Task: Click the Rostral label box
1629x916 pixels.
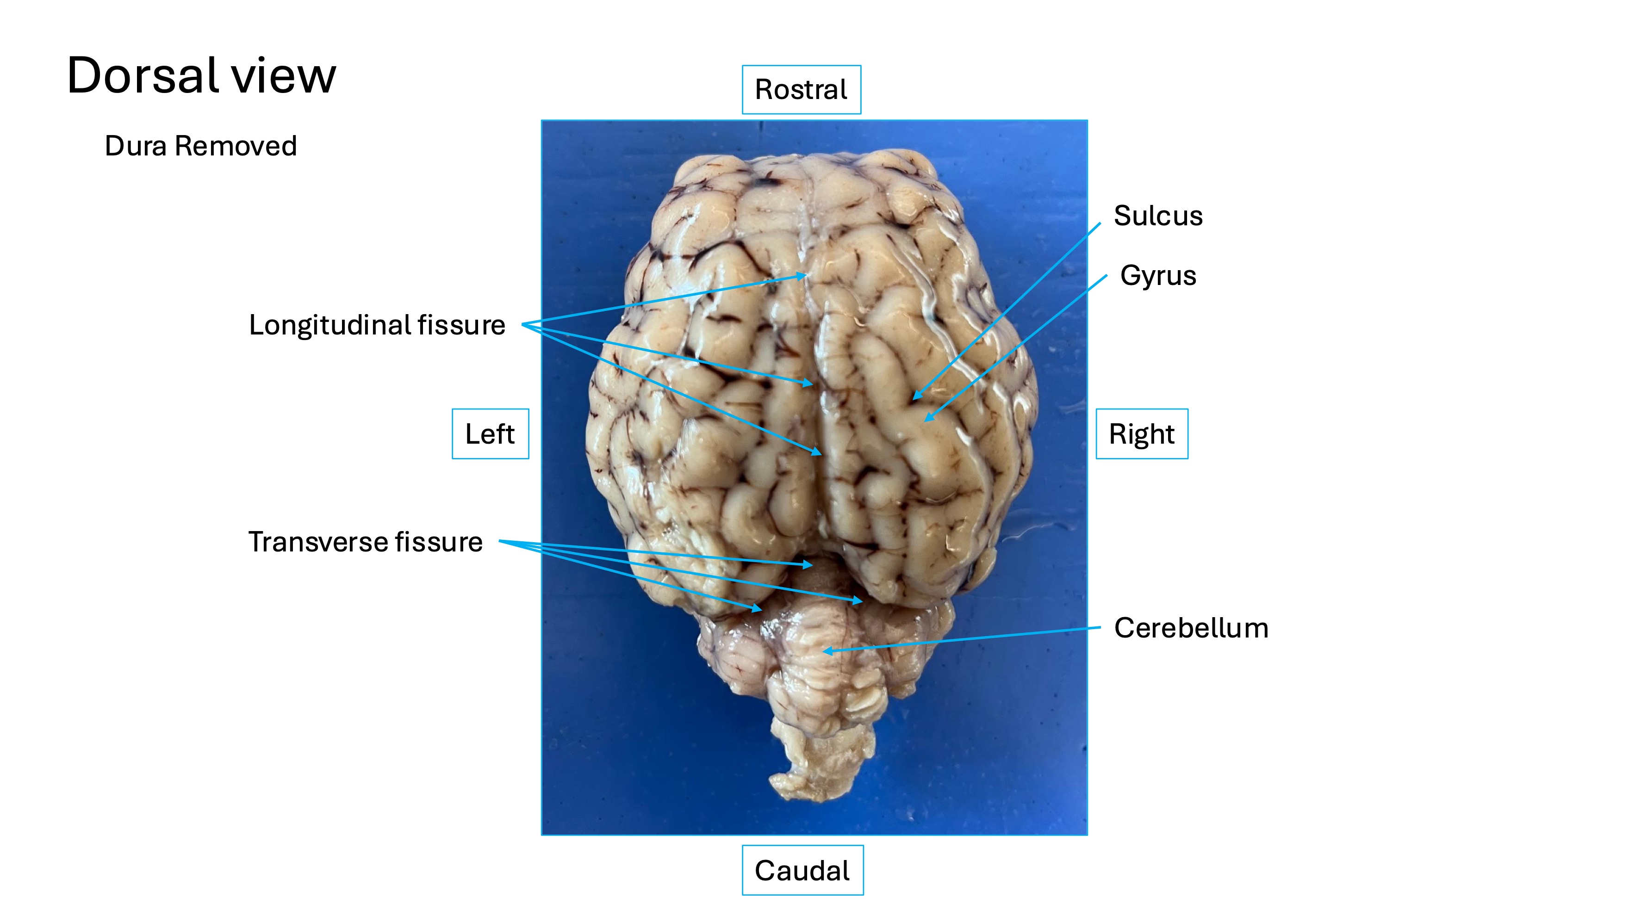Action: point(801,90)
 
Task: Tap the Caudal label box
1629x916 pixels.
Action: point(802,871)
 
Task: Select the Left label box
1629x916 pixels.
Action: point(490,433)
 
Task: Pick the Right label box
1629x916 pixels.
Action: point(1141,433)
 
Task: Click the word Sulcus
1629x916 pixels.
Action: point(1158,216)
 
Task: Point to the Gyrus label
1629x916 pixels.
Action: point(1158,276)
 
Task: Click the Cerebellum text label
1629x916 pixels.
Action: point(1191,628)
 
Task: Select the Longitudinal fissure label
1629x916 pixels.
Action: point(377,325)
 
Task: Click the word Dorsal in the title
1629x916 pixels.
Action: point(142,75)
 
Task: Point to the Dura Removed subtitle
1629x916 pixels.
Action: point(200,146)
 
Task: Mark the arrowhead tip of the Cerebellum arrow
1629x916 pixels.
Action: point(823,650)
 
